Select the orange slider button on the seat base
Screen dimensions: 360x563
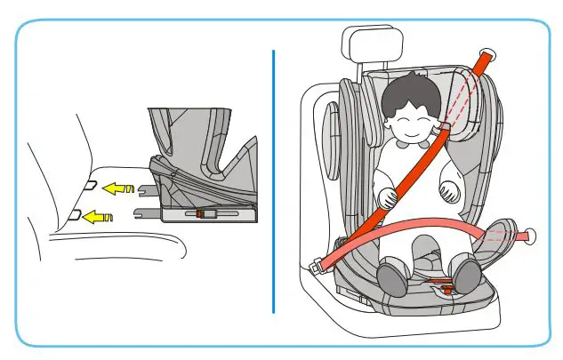point(202,215)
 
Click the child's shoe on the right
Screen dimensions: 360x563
point(465,276)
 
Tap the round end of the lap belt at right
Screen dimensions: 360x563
point(534,236)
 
